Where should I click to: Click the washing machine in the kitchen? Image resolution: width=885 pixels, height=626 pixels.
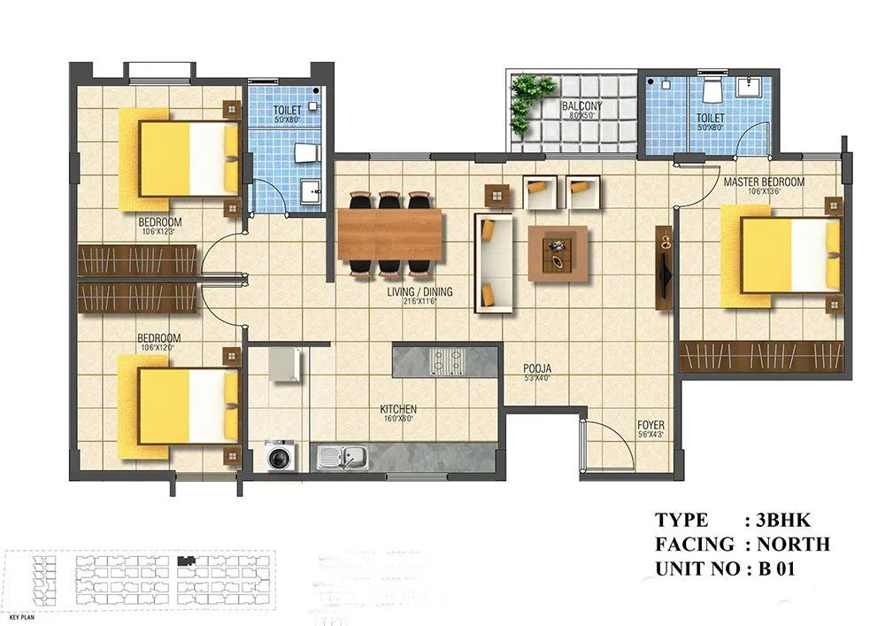click(x=281, y=456)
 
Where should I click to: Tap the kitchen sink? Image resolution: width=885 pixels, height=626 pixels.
click(x=343, y=457)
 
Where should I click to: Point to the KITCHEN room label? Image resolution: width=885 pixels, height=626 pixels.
click(x=398, y=410)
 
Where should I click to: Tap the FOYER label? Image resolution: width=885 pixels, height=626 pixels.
click(x=650, y=426)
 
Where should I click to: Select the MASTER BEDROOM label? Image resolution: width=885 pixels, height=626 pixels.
click(x=763, y=182)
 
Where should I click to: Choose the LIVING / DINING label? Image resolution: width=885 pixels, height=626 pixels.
click(x=419, y=292)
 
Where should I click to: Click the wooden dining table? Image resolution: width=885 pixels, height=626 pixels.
click(x=389, y=234)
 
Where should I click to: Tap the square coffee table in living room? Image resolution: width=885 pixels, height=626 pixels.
click(x=557, y=252)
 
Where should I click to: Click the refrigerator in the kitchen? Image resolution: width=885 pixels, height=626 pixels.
click(x=285, y=364)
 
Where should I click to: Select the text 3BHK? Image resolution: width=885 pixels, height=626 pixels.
click(x=778, y=520)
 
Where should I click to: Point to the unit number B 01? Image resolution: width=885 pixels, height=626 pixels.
click(x=777, y=568)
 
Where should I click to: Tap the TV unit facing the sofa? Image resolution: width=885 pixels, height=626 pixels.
click(x=663, y=268)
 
